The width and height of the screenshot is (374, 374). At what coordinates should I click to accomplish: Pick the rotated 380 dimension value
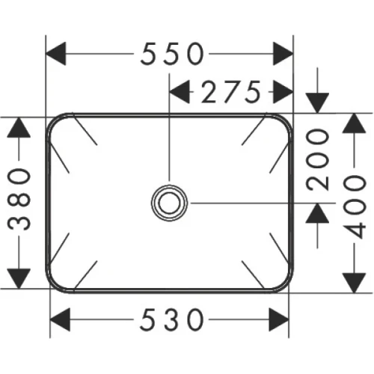click(20, 202)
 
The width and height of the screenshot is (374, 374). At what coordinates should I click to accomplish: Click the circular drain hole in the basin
click(170, 202)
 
